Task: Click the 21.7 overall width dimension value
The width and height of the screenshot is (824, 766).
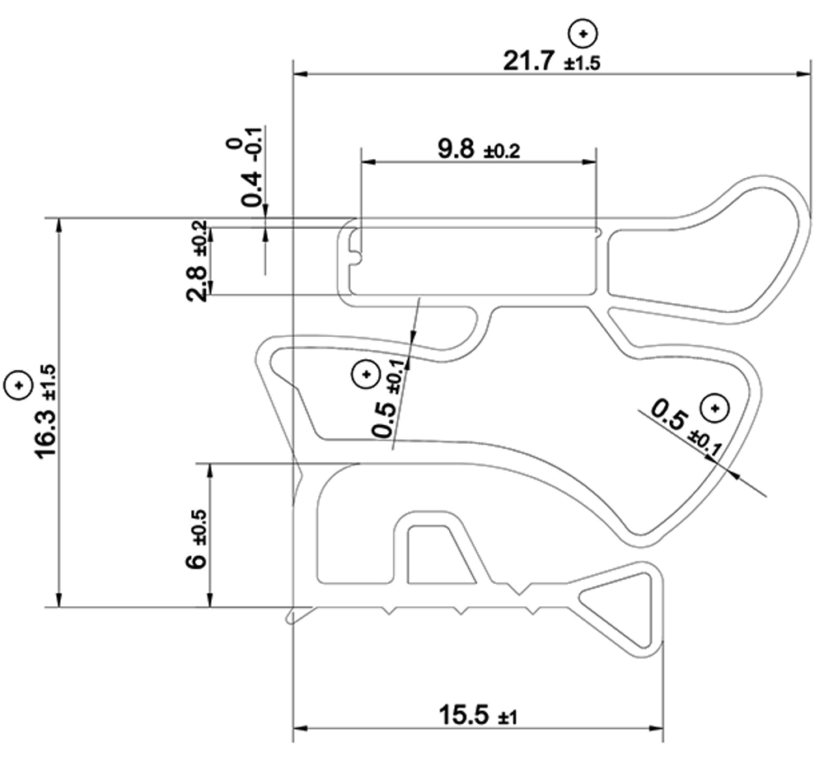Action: [531, 61]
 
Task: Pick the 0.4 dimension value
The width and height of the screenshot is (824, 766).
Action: [252, 189]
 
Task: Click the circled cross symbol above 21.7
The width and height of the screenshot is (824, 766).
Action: [583, 34]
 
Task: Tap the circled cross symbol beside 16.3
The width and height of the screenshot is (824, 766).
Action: [17, 384]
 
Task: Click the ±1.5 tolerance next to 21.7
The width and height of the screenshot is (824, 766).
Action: [583, 64]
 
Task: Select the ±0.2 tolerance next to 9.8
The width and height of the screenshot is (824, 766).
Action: [502, 152]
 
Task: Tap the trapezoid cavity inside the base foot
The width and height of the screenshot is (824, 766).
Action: [437, 556]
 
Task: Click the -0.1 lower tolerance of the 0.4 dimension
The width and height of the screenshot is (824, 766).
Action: [255, 145]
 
